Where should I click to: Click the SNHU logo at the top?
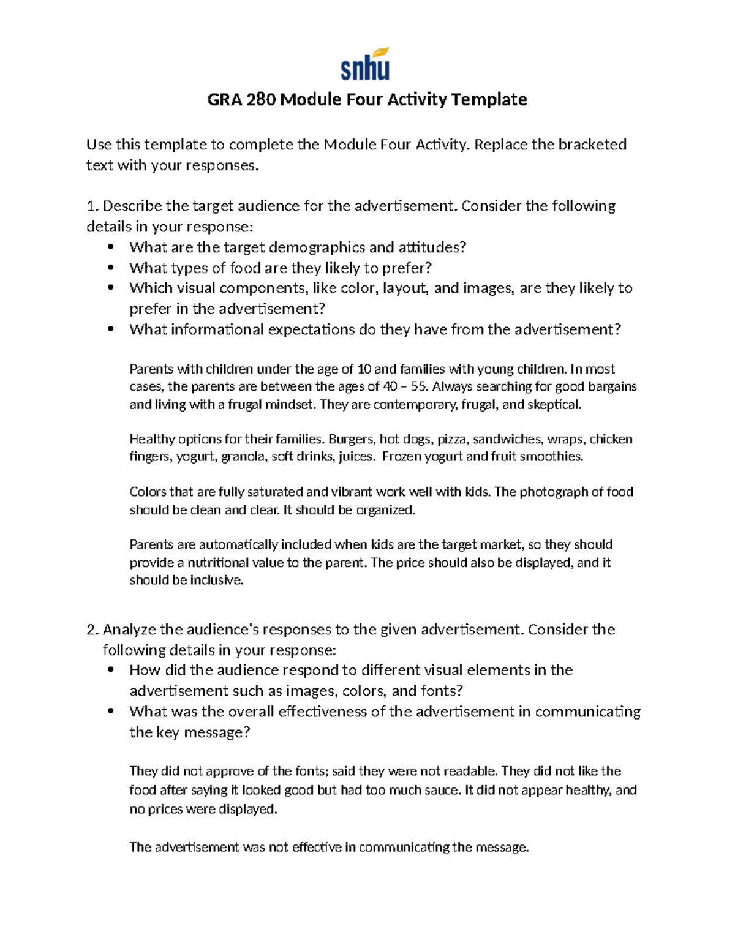point(365,64)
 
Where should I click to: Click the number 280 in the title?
point(262,99)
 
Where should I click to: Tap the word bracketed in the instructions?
point(592,145)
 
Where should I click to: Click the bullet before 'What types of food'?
point(111,268)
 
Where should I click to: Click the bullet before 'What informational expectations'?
point(111,329)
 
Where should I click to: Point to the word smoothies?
point(551,456)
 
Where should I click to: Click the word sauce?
point(440,790)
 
